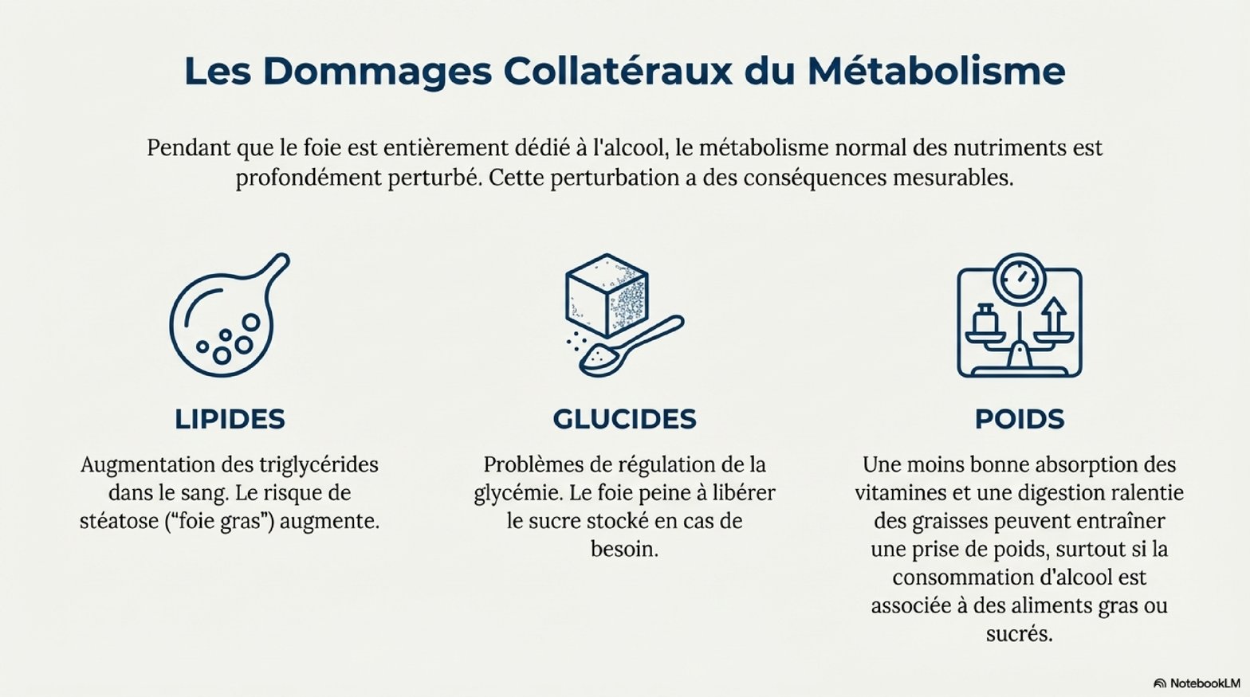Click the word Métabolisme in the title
(936, 71)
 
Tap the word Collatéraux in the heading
(617, 71)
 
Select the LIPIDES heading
(230, 419)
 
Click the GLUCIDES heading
(624, 419)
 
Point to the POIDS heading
(1020, 419)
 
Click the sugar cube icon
(607, 295)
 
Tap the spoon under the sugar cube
(631, 346)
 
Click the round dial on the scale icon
(1020, 279)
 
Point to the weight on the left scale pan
(985, 319)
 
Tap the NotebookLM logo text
(1202, 683)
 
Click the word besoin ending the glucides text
(624, 550)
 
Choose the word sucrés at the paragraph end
(1019, 634)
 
